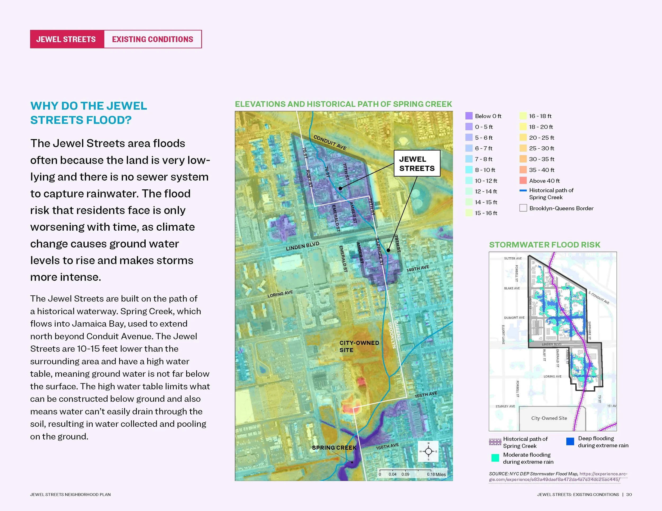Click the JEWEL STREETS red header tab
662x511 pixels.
point(66,39)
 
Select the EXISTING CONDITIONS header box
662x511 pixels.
point(153,39)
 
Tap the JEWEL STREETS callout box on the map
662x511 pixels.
point(417,163)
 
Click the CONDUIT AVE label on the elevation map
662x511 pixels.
point(330,142)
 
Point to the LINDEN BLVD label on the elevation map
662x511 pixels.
point(302,246)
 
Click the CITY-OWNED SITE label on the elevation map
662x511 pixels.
point(359,346)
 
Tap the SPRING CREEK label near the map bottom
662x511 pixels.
point(334,448)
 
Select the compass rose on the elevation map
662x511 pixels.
point(428,451)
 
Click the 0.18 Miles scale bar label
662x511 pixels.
point(436,474)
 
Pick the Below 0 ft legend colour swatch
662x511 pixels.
point(469,116)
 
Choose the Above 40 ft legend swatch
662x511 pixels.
point(523,181)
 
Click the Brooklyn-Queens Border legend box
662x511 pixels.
point(523,208)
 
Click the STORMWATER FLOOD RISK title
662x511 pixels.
point(544,245)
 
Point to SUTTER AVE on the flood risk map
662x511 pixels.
point(513,258)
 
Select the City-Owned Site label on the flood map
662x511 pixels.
point(549,418)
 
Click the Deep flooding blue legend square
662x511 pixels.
point(570,441)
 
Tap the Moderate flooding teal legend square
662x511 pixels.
point(495,458)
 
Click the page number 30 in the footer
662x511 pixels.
point(629,494)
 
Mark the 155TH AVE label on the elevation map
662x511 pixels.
point(426,394)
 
